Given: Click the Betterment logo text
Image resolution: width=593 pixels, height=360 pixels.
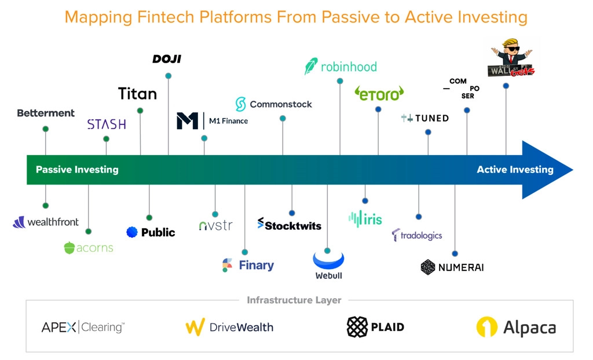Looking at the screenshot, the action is point(46,113).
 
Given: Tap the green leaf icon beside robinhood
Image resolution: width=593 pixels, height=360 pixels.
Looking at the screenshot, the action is point(311,66).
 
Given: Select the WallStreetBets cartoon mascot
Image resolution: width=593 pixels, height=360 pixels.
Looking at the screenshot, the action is point(511,57).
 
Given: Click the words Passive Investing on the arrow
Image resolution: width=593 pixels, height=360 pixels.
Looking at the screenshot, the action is point(77,170).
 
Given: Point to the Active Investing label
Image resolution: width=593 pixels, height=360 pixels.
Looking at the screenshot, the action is point(515,170).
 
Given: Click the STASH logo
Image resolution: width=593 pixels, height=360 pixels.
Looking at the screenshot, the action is point(107,124).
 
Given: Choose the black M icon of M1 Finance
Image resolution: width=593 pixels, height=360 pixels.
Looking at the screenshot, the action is point(187,120).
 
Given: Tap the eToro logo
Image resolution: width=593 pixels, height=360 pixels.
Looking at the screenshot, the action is point(379,94).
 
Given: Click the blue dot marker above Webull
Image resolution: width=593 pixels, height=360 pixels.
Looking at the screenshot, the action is point(328,251).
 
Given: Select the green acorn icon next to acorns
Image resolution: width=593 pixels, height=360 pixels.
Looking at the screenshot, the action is point(69,248).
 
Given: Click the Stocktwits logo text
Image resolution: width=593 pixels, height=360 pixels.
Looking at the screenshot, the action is point(290,225).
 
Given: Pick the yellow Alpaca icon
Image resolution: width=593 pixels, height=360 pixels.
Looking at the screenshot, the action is point(486,327).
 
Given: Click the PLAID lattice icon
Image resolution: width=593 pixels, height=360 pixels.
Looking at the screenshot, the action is point(357,327).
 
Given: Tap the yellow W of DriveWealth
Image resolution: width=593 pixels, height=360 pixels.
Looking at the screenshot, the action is point(195,327).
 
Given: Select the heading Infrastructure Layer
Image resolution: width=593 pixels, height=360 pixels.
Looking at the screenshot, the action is point(294,300).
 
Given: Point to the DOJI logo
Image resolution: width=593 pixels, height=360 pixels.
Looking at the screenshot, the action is point(167,59).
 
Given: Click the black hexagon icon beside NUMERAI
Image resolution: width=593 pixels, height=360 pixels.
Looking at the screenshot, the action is point(428,267).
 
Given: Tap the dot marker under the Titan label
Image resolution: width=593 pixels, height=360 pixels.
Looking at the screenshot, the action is point(140,111).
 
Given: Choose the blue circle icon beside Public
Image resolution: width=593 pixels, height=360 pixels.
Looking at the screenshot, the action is point(132,232).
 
